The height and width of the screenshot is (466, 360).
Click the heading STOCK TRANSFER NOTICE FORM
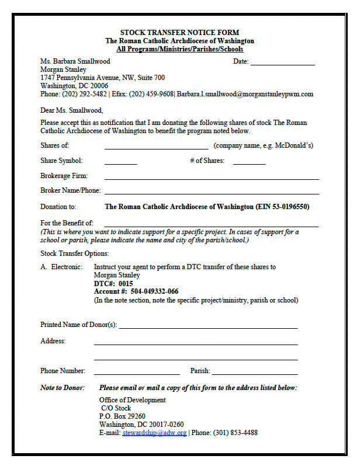pos(179,33)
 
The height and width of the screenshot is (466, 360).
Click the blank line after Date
pos(283,62)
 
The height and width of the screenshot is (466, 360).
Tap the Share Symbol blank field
pos(120,162)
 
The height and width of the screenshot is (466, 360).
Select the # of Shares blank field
pos(249,162)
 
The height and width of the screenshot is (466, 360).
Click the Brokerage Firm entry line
pos(212,177)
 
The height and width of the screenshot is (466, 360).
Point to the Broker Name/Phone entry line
pos(212,192)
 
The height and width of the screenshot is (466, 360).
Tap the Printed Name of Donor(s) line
pos(208,326)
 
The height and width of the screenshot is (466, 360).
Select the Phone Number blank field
pos(137,372)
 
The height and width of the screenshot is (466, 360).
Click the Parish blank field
pos(255,372)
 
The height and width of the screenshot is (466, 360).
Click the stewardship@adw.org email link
pos(154,433)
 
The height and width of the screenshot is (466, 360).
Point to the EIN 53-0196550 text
pos(282,207)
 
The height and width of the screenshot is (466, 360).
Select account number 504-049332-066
pos(154,291)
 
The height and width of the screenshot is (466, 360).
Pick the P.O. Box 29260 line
pos(122,417)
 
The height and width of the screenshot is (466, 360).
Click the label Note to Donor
pos(62,388)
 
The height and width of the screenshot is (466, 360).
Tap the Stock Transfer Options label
pos(74,253)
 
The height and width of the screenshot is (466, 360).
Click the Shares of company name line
pos(156,147)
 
